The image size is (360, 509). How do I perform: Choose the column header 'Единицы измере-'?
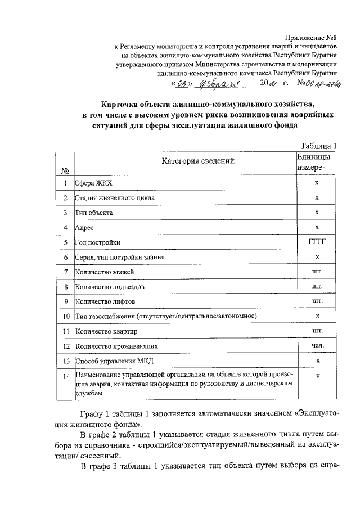pyautogui.click(x=317, y=163)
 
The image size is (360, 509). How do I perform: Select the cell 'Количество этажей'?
pyautogui.click(x=105, y=272)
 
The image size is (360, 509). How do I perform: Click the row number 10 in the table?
pyautogui.click(x=66, y=316)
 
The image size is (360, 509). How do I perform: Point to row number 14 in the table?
pyautogui.click(x=66, y=376)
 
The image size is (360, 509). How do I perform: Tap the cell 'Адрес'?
pyautogui.click(x=84, y=228)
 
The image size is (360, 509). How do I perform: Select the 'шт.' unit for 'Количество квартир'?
pyautogui.click(x=317, y=331)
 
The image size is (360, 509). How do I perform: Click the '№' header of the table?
pyautogui.click(x=65, y=170)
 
